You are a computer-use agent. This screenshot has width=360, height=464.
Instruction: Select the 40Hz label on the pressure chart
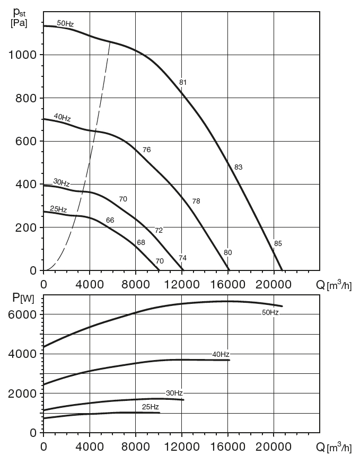(62, 118)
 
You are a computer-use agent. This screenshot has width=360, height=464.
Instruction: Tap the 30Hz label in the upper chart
(62, 182)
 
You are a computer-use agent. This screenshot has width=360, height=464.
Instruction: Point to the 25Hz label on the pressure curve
(58, 209)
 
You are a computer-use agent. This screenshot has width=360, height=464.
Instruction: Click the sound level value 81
(183, 82)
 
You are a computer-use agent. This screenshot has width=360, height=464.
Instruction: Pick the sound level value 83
(238, 167)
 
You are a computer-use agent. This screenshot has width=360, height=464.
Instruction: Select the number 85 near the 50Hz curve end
(278, 244)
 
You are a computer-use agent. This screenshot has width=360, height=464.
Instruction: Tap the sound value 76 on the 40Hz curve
(147, 150)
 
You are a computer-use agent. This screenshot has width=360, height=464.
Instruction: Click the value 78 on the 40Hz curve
(196, 201)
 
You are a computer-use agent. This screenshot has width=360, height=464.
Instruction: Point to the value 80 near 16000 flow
(227, 252)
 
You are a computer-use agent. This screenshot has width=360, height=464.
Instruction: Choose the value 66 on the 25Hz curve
(110, 220)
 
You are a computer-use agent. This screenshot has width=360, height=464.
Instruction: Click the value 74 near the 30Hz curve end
(182, 258)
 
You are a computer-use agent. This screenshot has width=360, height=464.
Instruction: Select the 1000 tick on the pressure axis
(22, 55)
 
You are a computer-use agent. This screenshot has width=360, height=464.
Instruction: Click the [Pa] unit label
(19, 23)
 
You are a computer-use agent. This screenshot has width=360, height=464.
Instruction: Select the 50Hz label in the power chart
(270, 313)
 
